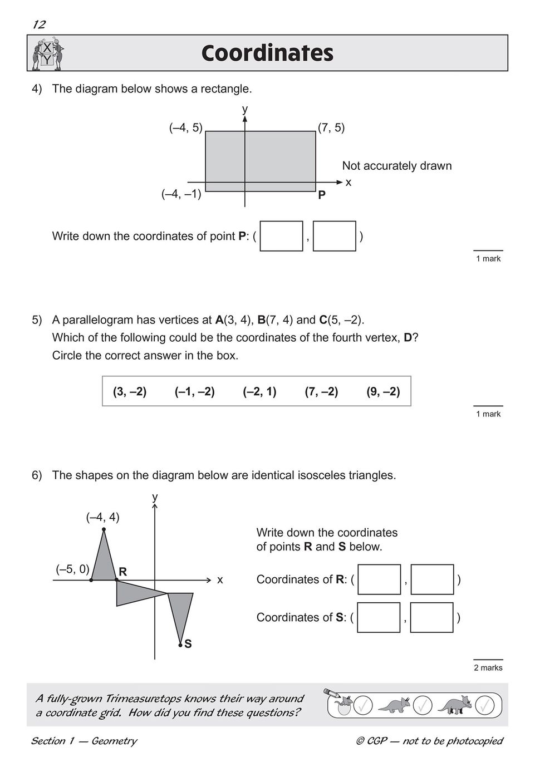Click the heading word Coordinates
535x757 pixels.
[x=267, y=53]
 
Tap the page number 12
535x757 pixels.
[x=39, y=24]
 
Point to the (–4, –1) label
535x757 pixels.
[x=181, y=195]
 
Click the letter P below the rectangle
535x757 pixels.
[x=322, y=195]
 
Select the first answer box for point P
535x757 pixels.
[x=281, y=236]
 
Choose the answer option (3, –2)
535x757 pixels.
[x=130, y=391]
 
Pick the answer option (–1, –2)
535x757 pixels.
[x=194, y=391]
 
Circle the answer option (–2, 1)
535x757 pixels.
[x=259, y=391]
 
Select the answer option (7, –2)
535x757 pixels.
[x=321, y=391]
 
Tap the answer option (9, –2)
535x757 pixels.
[x=383, y=391]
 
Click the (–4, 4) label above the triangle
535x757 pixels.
[x=102, y=517]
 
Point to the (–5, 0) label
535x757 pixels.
[x=72, y=569]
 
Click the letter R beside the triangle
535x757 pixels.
[x=122, y=572]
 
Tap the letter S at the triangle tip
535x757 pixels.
[x=188, y=644]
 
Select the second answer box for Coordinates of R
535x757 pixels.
[x=432, y=579]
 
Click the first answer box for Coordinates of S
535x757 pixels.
[x=379, y=617]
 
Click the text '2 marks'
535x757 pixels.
[x=488, y=667]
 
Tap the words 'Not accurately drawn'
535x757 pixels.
[x=396, y=166]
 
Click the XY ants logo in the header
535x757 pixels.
[x=47, y=53]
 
